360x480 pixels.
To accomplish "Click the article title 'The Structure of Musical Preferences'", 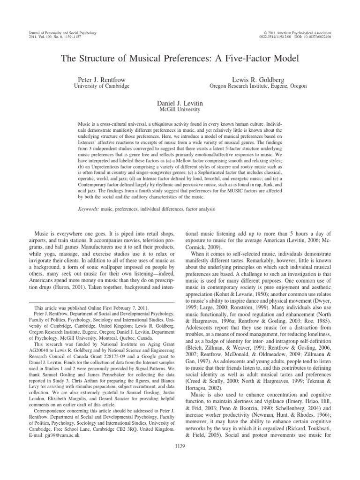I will [180, 59].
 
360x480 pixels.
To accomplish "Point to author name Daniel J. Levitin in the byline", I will [180, 102].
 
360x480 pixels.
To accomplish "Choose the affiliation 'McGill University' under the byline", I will [180, 109].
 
